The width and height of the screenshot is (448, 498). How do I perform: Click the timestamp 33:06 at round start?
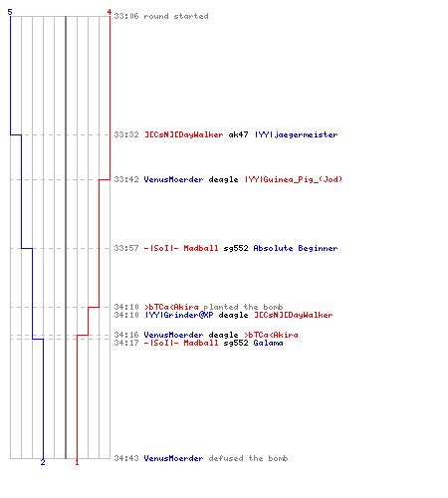(126, 16)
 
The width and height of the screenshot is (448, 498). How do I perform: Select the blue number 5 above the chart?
(10, 12)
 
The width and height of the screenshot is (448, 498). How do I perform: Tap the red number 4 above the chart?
(109, 12)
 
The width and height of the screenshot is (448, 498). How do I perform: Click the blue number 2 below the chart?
(43, 462)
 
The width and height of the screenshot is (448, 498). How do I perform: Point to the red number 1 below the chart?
(77, 462)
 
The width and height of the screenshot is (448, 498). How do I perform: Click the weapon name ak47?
(238, 134)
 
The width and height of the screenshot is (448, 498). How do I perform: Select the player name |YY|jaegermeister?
(296, 134)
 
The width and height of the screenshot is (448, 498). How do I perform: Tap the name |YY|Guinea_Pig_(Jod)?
(294, 179)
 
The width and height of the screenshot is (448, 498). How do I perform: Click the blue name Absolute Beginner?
(296, 248)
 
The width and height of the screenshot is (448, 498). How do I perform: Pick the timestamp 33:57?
(126, 248)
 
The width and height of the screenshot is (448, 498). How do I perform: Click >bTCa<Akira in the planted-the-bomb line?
(171, 307)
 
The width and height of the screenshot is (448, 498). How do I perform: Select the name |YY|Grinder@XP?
(179, 315)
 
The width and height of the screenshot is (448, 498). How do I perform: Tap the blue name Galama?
(268, 343)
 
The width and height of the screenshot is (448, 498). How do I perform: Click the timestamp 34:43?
(126, 458)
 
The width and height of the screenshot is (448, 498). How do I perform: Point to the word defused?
(223, 458)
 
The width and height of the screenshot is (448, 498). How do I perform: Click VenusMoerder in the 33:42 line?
(173, 179)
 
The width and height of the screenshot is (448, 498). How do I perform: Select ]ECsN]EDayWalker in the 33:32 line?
(184, 134)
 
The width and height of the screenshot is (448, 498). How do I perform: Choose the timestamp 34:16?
(126, 335)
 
